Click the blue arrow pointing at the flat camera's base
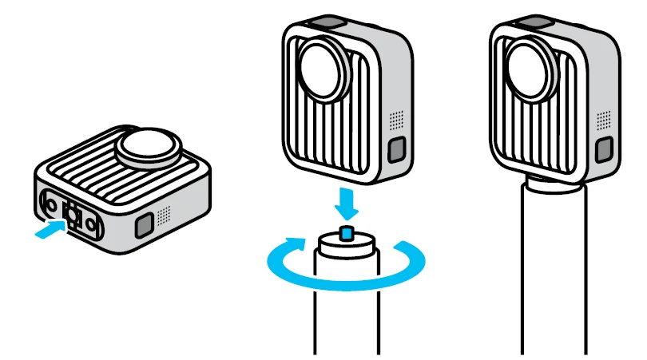(49, 229)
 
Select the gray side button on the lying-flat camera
(145, 226)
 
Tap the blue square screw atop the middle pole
(346, 232)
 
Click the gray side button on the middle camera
(397, 148)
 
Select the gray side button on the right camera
(605, 148)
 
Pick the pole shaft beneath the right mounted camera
(554, 279)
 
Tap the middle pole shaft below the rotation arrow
(347, 319)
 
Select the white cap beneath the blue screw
(346, 242)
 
